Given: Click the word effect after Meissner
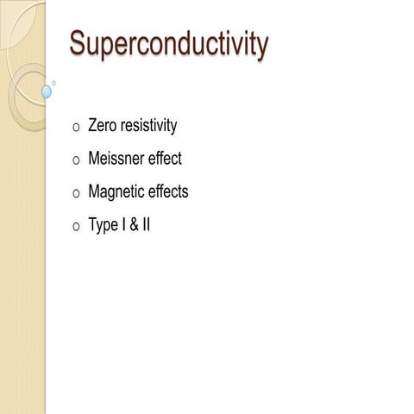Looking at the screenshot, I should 166,159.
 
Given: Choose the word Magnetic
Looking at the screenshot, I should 116,192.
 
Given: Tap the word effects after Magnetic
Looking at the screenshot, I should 168,191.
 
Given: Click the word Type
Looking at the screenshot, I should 104,226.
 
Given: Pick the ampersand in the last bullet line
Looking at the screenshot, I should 135,225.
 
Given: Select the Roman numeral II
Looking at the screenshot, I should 147,225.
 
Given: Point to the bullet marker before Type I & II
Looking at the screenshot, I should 77,228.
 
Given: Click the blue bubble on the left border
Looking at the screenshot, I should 47,91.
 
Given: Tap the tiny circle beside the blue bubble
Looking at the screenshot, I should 53,83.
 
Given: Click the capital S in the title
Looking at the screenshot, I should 78,43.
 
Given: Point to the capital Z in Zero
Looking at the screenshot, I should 94,126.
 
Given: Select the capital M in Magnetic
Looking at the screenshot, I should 95,191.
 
